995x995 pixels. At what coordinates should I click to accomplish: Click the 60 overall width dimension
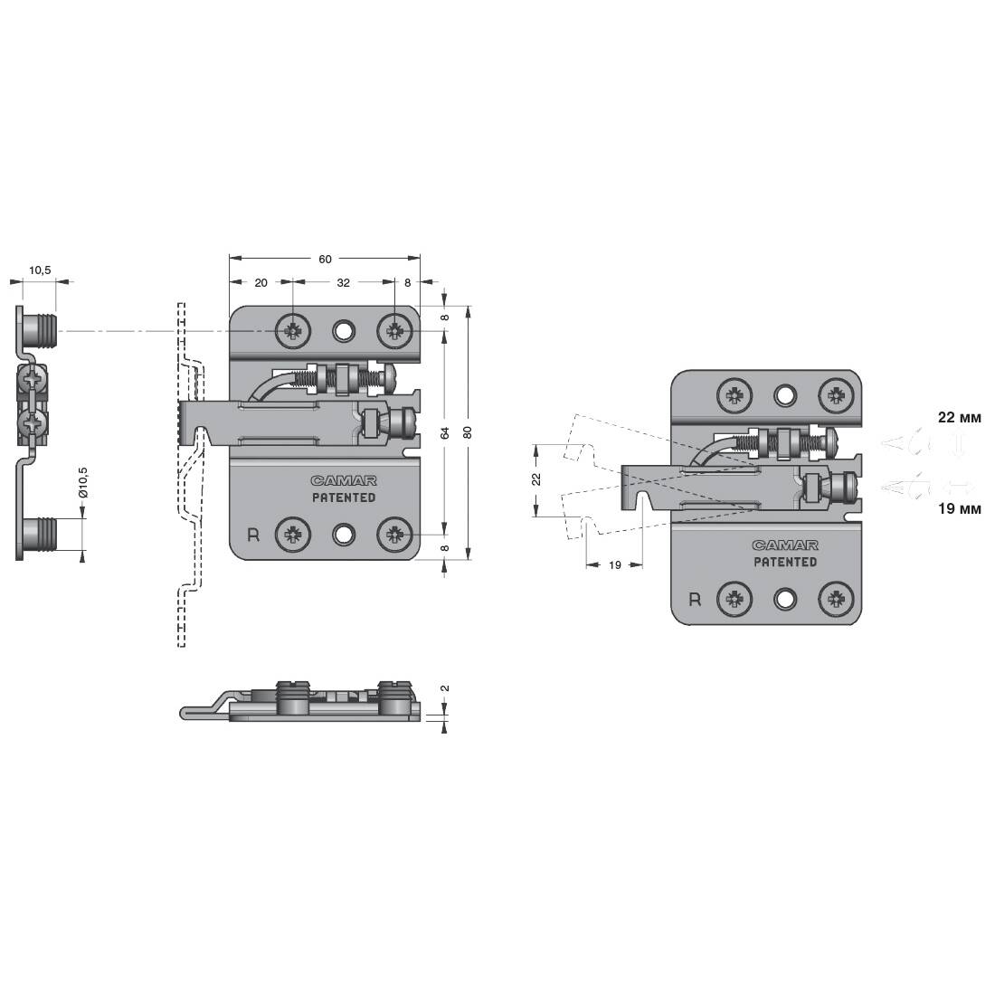coord(325,259)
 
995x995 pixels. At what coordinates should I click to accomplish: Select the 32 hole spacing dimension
coord(344,282)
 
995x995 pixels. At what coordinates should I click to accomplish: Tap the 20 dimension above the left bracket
coord(261,282)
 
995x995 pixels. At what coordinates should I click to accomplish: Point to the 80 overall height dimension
coord(468,432)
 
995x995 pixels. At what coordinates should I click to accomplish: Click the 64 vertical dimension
coord(445,432)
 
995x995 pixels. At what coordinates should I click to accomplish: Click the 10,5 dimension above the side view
coord(39,270)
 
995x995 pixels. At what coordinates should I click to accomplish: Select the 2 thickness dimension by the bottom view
coord(445,687)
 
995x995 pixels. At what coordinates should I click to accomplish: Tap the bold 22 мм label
coord(960,417)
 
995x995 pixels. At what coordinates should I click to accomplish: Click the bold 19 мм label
coord(960,509)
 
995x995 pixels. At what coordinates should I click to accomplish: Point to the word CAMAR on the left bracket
coord(344,481)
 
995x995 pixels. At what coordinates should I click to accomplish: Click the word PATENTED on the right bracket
coord(785,562)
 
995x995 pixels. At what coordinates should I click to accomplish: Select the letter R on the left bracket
coord(253,535)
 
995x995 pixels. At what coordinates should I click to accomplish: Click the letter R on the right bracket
coord(695,600)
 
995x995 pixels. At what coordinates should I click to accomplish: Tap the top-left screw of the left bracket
coord(293,330)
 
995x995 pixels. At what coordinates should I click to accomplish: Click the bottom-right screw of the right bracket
coord(837,599)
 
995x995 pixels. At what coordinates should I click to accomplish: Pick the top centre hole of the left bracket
coord(344,330)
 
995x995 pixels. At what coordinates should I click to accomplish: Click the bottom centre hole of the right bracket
coord(785,599)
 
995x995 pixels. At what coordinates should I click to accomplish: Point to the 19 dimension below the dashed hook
coord(614,564)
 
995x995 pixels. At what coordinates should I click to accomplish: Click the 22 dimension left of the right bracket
coord(536,479)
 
